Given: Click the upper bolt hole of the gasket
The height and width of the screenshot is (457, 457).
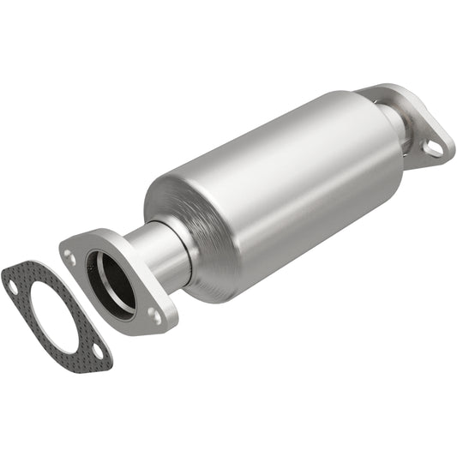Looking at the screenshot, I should [13, 287].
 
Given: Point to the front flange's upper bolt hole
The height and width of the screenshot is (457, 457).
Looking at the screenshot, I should [70, 256].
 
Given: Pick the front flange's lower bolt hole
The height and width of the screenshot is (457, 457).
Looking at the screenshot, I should [155, 314].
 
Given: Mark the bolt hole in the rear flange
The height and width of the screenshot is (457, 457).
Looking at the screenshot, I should [434, 147].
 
